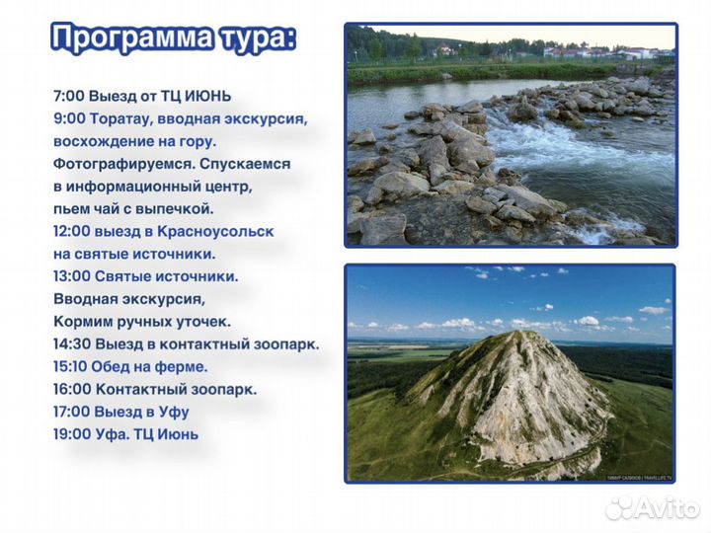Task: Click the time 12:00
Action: [74, 231]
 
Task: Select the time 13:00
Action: [74, 276]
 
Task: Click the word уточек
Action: [201, 322]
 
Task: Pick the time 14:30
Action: [74, 344]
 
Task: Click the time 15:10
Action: [74, 366]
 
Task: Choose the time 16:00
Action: [74, 389]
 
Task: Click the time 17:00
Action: [74, 412]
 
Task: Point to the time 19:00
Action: [74, 434]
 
